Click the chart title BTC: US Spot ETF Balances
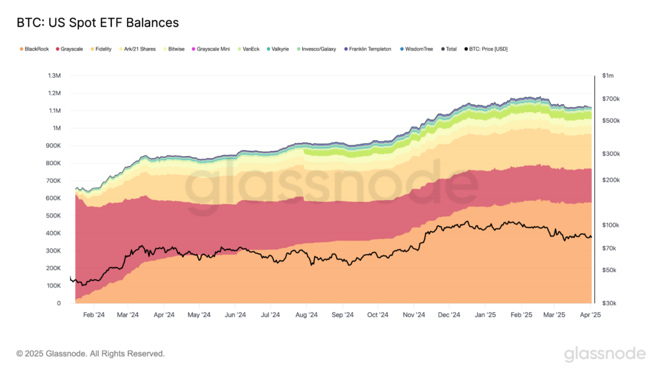pyautogui.click(x=98, y=23)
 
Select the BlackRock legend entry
pyautogui.click(x=37, y=49)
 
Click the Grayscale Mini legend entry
pyautogui.click(x=210, y=49)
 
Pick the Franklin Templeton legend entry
pyautogui.click(x=367, y=49)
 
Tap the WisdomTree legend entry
pyautogui.click(x=419, y=49)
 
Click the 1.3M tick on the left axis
pyautogui.click(x=54, y=76)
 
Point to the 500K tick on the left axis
pyautogui.click(x=54, y=216)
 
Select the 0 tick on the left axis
pyautogui.click(x=59, y=303)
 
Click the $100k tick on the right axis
pyautogui.click(x=611, y=225)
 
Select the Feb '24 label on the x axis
pyautogui.click(x=93, y=315)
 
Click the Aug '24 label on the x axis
pyautogui.click(x=306, y=315)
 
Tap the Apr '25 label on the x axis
pyautogui.click(x=590, y=315)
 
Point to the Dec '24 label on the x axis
pyautogui.click(x=448, y=315)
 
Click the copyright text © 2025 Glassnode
pyautogui.click(x=91, y=354)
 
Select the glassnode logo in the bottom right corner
pyautogui.click(x=605, y=354)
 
